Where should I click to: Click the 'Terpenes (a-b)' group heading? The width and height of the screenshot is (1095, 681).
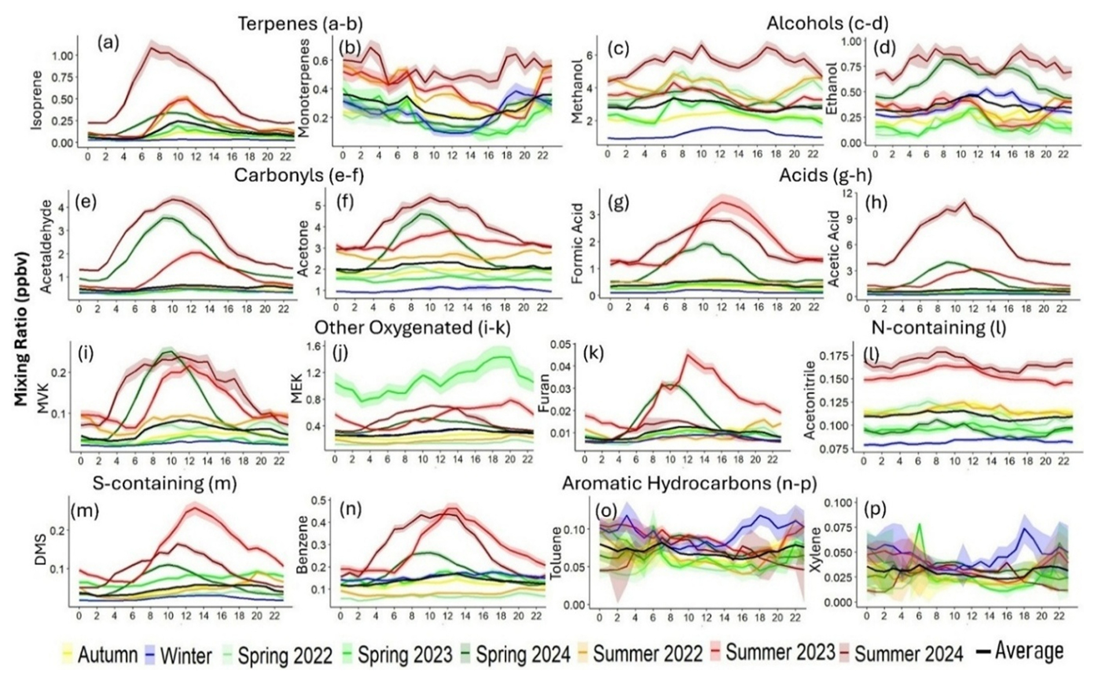(300, 24)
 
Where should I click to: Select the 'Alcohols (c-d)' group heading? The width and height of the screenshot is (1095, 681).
(827, 24)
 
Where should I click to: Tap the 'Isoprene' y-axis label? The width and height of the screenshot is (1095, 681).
(36, 99)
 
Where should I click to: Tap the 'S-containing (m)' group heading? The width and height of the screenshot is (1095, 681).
(164, 483)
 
